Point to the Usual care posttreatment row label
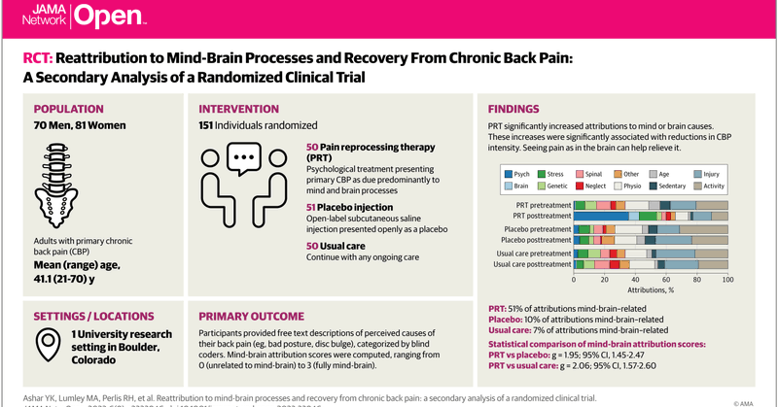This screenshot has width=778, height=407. (x=531, y=264)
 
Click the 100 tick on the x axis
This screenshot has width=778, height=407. (x=726, y=280)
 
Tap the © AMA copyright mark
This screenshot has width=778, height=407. (x=745, y=398)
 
